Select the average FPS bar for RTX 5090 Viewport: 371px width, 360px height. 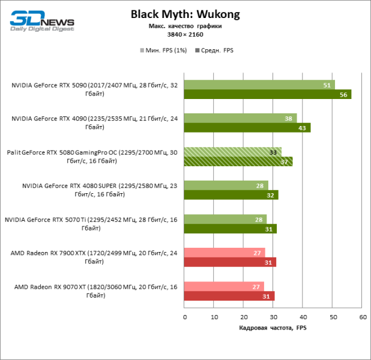click(x=267, y=94)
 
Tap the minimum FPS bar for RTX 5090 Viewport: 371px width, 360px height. click(x=259, y=85)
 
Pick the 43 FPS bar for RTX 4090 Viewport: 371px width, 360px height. click(x=247, y=128)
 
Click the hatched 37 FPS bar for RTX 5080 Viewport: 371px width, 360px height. click(x=238, y=161)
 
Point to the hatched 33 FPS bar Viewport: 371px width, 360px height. click(x=232, y=152)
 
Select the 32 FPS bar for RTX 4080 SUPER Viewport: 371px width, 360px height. click(x=231, y=195)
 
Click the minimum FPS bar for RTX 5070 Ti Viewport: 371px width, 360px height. click(x=226, y=219)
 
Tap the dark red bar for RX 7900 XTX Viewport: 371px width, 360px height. click(x=230, y=262)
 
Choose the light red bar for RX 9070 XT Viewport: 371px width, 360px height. click(x=224, y=286)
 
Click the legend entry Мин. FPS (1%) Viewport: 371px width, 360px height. click(x=164, y=51)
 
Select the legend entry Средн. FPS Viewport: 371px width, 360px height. click(x=214, y=51)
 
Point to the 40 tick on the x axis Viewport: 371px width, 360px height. click(x=303, y=317)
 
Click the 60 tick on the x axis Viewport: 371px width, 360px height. click(x=361, y=317)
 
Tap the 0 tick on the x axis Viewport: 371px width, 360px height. click(x=185, y=317)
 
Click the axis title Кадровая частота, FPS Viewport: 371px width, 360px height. click(x=273, y=328)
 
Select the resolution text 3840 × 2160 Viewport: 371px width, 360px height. click(x=185, y=35)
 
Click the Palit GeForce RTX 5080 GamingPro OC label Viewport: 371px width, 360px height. click(x=92, y=157)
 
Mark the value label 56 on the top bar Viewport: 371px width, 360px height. click(x=343, y=95)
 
